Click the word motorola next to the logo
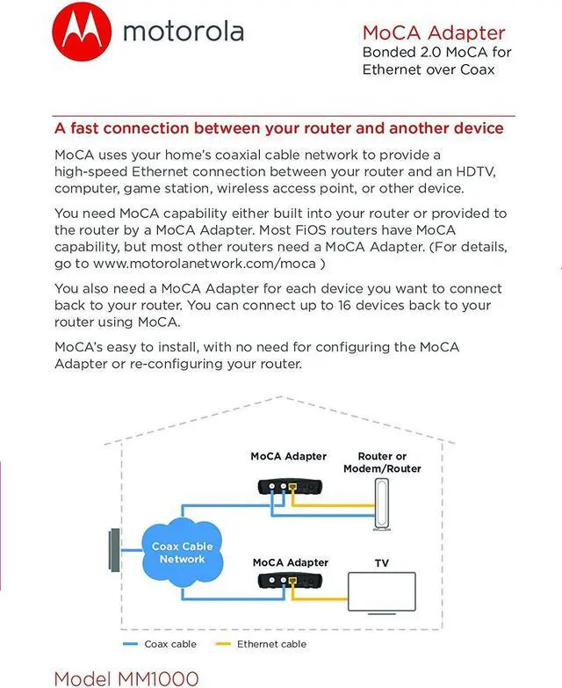tap(183, 32)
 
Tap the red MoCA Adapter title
tap(434, 33)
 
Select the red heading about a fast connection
tap(278, 128)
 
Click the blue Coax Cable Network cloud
tap(182, 552)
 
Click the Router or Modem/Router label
tap(382, 462)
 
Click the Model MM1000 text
tap(126, 677)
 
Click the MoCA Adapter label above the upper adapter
tap(288, 456)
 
